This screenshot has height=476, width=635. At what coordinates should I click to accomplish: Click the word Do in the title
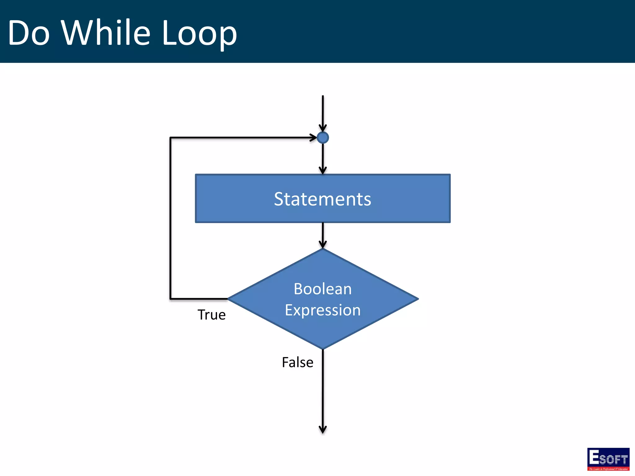(29, 33)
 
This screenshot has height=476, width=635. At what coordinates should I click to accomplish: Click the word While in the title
(105, 33)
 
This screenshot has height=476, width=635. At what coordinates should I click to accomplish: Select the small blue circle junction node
(323, 138)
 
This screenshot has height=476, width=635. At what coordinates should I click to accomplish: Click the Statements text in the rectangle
(322, 199)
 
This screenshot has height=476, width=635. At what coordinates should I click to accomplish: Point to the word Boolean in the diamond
(322, 289)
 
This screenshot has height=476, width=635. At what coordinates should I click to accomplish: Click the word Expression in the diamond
(322, 310)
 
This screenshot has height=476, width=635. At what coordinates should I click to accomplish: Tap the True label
(211, 315)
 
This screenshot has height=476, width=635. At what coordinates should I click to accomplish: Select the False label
(297, 362)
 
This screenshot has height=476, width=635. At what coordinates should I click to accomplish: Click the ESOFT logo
(608, 459)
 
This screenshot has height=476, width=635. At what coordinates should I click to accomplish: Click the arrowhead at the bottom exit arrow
(323, 430)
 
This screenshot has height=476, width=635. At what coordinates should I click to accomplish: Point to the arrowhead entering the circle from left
(313, 138)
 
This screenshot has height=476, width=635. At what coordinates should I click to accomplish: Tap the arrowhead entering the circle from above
(323, 128)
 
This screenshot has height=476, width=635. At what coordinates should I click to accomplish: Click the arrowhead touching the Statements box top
(323, 170)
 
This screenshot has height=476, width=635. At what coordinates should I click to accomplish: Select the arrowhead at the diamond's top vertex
(323, 245)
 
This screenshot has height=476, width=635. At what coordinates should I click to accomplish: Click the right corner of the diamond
(418, 299)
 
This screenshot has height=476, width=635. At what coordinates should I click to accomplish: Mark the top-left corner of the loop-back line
(170, 138)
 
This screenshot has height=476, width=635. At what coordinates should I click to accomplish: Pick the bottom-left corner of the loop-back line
(170, 299)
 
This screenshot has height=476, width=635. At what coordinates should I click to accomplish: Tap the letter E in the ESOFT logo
(594, 457)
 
